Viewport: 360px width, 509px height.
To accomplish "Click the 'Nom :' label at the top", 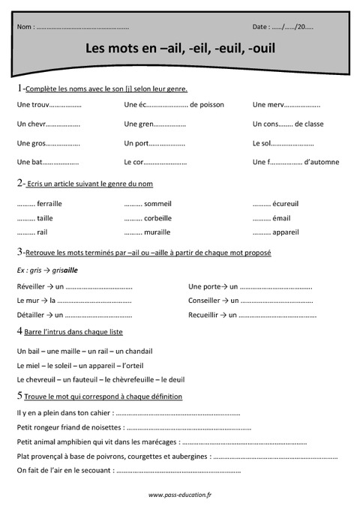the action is (x=25, y=27).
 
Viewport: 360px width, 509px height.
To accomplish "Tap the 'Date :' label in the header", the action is (x=261, y=27).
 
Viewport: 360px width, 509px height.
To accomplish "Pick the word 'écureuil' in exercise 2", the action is (x=286, y=203).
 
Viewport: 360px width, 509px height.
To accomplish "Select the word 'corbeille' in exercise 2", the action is (x=158, y=217).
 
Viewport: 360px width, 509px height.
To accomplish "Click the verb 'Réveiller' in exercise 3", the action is (x=31, y=286).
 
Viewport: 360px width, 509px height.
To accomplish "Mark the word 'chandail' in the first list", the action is (x=137, y=351).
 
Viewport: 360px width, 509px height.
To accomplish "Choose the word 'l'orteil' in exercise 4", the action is (x=147, y=365).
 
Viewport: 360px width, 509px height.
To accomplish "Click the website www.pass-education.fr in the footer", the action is (x=180, y=495).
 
